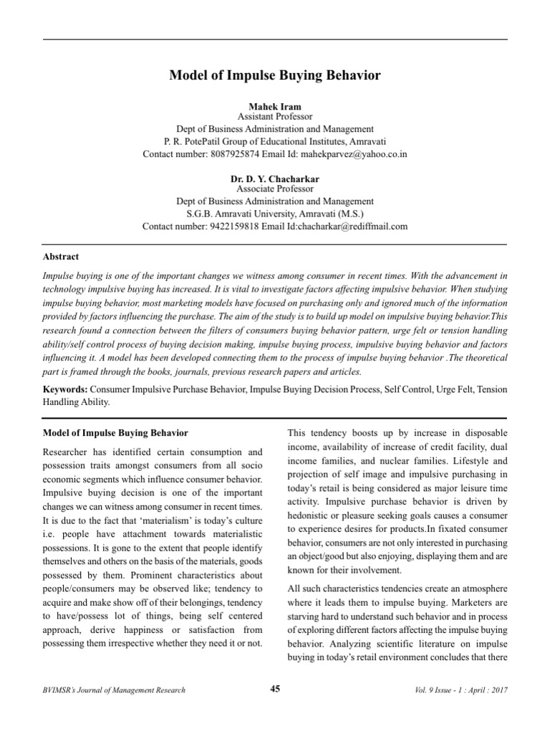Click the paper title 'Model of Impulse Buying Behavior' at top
[x=275, y=75]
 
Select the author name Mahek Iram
[x=275, y=107]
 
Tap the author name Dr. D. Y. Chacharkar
[x=275, y=178]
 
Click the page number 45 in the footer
[x=275, y=690]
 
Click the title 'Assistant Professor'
[x=275, y=117]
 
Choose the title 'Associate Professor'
[x=275, y=189]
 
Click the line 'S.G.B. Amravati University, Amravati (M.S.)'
[x=275, y=214]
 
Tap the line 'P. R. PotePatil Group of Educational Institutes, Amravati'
[x=275, y=142]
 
